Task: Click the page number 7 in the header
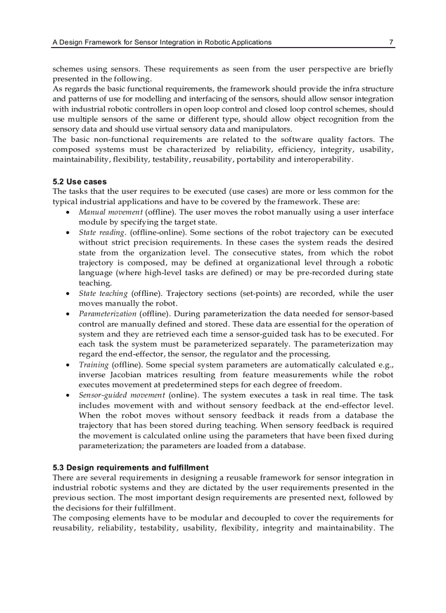pyautogui.click(x=391, y=42)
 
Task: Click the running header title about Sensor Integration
pyautogui.click(x=162, y=42)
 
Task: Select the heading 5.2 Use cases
pyautogui.click(x=80, y=182)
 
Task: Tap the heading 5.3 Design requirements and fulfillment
pyautogui.click(x=131, y=468)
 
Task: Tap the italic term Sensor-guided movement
pyautogui.click(x=122, y=395)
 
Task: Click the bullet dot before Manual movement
pyautogui.click(x=67, y=212)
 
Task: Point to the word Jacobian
pyautogui.click(x=127, y=375)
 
